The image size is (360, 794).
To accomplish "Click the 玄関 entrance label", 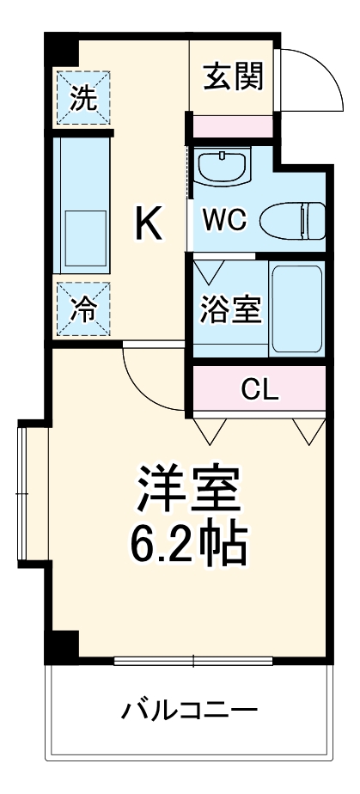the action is point(234,77).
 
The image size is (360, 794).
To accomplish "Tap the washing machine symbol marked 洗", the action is point(83,97).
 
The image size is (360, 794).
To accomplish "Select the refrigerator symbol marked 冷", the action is point(83,308).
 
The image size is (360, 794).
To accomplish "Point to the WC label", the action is point(225,219).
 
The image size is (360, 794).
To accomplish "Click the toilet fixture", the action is point(293,221).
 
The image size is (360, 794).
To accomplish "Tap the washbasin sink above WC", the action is point(222,166).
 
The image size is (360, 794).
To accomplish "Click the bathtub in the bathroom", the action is point(296,308).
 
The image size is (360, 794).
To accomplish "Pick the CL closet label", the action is point(259,389).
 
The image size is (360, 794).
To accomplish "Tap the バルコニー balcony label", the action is point(189,711).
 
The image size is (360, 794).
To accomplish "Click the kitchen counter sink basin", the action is point(86,236).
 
